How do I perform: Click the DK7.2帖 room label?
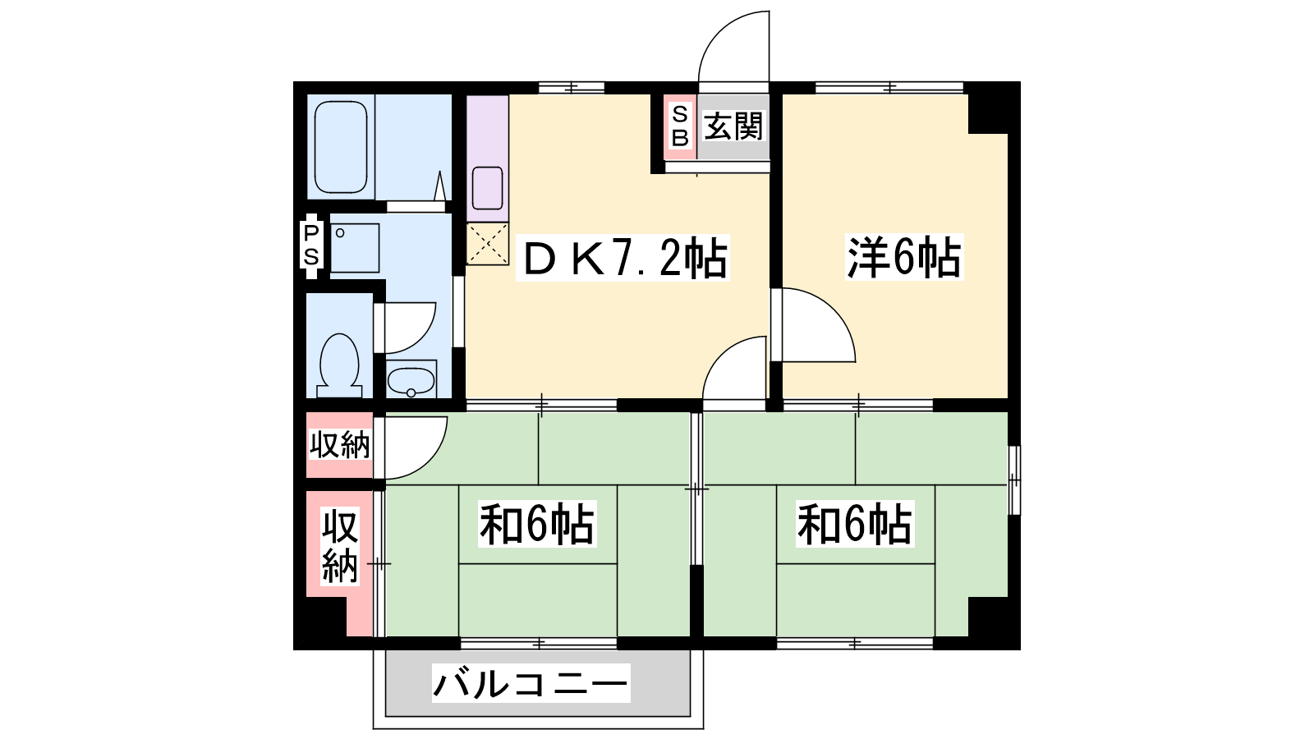tap(624, 259)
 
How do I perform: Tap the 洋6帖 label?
tap(904, 258)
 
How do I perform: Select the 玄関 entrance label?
tap(733, 126)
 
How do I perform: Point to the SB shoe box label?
tap(680, 126)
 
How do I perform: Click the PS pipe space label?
tap(311, 246)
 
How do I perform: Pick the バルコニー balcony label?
tap(531, 683)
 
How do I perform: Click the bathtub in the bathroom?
tap(341, 147)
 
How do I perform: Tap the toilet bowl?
tap(339, 365)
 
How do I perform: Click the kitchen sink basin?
tap(488, 188)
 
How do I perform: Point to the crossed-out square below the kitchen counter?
tap(488, 244)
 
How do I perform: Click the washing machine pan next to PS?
tap(355, 247)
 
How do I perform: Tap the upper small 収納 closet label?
tap(340, 445)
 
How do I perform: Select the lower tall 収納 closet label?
tap(340, 547)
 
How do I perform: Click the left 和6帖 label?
tap(537, 524)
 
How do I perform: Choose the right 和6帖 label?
tap(855, 524)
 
